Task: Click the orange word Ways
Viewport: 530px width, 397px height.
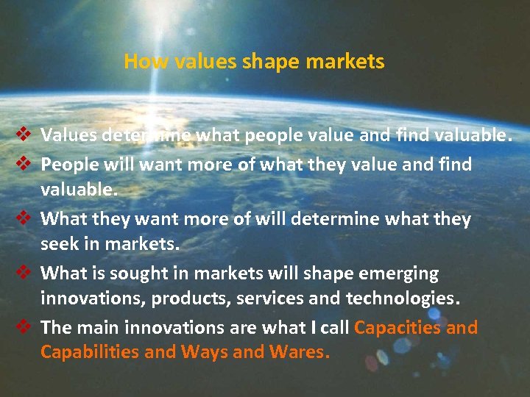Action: point(204,353)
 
